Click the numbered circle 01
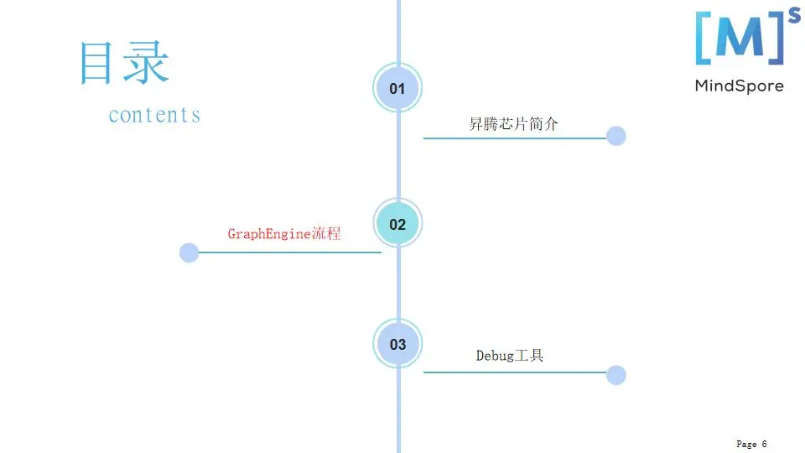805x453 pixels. tap(397, 89)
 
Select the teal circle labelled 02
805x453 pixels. tap(397, 224)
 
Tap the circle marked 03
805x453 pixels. tap(397, 344)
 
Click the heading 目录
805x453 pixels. tap(124, 64)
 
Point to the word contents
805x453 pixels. tap(154, 115)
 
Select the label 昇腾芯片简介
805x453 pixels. tap(513, 124)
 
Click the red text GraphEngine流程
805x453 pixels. tap(284, 233)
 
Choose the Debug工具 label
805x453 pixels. tap(510, 356)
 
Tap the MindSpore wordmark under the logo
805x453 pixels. tap(739, 86)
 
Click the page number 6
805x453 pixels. tap(764, 444)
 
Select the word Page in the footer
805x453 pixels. tap(745, 444)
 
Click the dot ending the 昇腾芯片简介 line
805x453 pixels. tap(616, 136)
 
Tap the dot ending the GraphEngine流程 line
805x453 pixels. tap(190, 253)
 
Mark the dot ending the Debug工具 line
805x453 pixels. tap(616, 375)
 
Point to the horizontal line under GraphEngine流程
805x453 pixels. tap(289, 252)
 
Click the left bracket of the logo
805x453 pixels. tap(701, 39)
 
